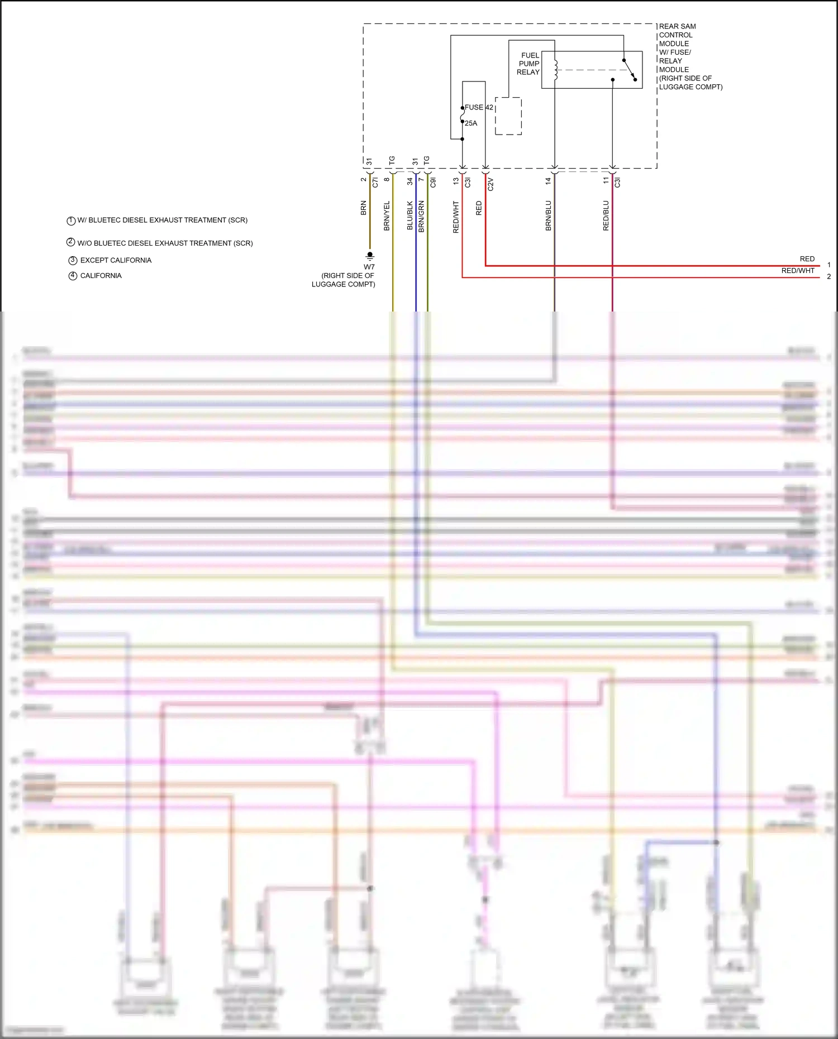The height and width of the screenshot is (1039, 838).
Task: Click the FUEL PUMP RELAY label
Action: click(528, 64)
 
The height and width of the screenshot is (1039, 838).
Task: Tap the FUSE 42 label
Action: click(479, 107)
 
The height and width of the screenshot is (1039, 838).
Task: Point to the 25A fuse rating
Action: click(471, 123)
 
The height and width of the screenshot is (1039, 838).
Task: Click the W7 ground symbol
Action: click(370, 256)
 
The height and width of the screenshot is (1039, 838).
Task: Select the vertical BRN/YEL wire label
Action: click(387, 216)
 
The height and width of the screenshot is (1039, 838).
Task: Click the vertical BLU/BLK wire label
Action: click(410, 216)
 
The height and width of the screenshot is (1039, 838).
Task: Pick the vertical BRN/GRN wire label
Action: click(421, 217)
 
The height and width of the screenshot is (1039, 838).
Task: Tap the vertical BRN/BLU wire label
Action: click(548, 216)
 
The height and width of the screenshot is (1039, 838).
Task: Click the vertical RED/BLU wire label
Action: click(606, 216)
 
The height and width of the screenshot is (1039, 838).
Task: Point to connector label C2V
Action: click(491, 184)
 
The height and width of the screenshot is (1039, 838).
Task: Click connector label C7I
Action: click(375, 182)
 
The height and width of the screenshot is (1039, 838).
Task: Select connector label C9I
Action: click(432, 182)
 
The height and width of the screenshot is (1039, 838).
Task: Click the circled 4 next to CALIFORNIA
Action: click(73, 276)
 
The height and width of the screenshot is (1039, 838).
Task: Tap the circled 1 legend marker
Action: click(71, 221)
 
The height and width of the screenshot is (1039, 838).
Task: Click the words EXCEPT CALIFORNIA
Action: click(116, 260)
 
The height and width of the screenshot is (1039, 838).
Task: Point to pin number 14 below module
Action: click(548, 181)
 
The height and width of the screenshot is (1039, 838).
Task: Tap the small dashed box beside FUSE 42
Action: click(508, 116)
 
